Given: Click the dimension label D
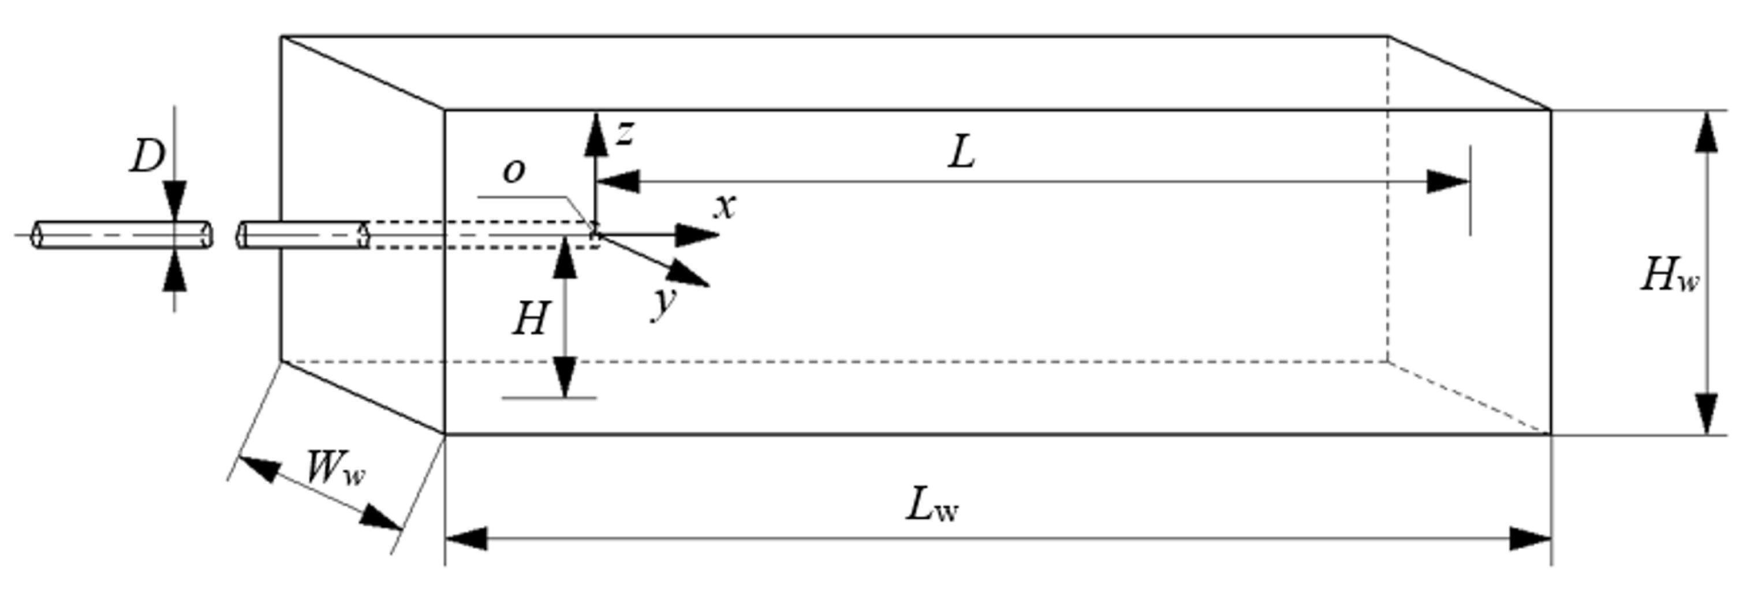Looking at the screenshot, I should tap(147, 158).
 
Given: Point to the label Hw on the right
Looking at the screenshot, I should tap(1670, 276).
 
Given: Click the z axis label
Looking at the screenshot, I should tap(624, 135).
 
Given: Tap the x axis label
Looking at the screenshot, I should tap(725, 205).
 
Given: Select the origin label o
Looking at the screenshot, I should tap(514, 171).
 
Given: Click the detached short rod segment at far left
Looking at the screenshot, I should tap(122, 236).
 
